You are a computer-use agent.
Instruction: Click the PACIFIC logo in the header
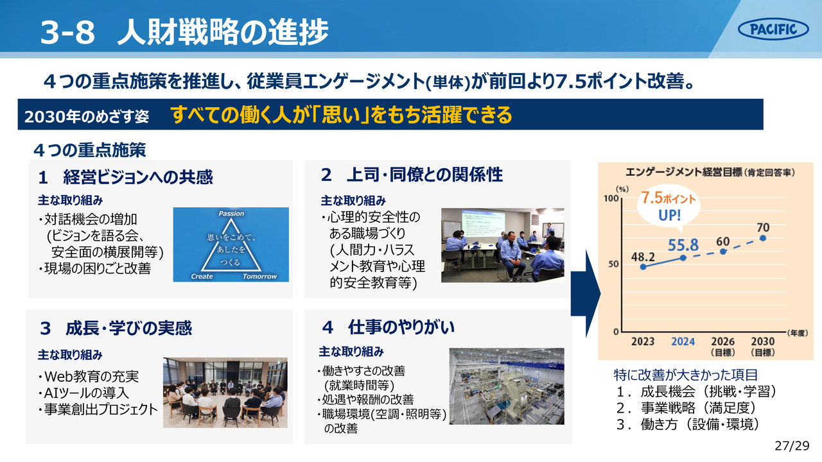773,29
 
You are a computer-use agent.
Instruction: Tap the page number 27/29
792,446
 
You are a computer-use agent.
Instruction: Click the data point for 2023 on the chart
643,267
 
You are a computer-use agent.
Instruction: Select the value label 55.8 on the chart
683,245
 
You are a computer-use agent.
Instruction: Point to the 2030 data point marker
763,238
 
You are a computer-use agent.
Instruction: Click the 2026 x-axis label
723,341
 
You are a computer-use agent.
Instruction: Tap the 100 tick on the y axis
611,198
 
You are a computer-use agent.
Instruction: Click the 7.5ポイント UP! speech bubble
669,207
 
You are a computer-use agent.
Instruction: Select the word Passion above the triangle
231,214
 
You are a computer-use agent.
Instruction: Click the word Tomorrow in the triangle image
259,276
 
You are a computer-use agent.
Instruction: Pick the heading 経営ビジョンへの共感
138,177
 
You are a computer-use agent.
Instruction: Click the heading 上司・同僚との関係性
424,175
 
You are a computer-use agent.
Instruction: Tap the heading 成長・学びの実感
129,328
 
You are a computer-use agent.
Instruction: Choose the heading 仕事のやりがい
401,327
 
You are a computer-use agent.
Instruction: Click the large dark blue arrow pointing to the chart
586,293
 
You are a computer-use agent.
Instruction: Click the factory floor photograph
507,386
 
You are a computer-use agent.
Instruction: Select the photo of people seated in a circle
225,393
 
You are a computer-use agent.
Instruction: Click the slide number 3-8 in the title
68,32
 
